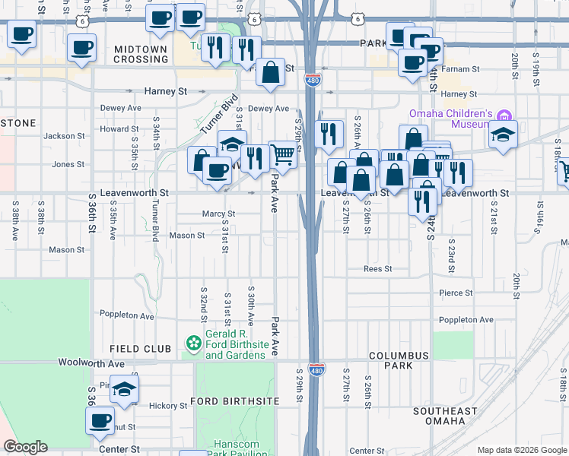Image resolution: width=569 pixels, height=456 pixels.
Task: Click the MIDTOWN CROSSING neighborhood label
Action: click(140, 54)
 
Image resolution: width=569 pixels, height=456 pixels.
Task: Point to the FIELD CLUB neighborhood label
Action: click(141, 349)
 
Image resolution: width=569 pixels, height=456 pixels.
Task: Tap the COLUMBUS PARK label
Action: click(401, 360)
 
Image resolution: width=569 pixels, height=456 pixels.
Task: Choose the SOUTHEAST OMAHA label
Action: click(445, 416)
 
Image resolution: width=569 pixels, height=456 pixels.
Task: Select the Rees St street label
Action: click(377, 269)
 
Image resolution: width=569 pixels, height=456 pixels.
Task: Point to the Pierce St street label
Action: click(456, 293)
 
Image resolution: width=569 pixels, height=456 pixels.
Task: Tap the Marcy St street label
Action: click(218, 214)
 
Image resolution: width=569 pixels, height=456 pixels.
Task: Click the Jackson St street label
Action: click(64, 136)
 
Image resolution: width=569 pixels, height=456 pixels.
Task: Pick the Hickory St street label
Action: click(167, 406)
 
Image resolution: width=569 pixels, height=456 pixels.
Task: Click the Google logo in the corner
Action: click(25, 447)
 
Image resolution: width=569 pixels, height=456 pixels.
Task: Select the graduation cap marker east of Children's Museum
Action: click(503, 135)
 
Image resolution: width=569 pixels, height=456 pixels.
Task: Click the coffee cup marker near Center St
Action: click(100, 420)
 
